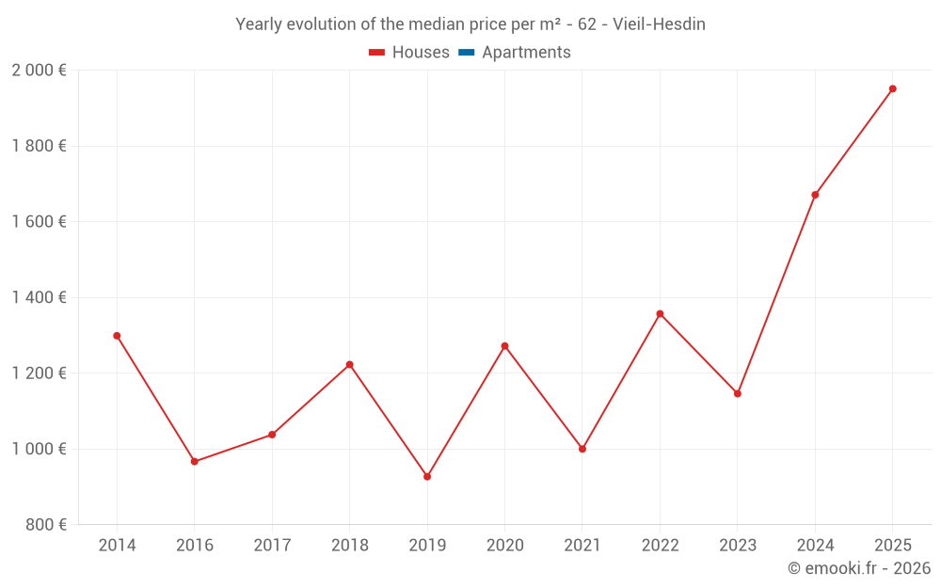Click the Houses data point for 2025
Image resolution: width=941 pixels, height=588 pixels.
coord(893,89)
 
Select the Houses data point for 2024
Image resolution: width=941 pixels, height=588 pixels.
coord(815,195)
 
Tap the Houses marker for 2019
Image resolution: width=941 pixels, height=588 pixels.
coord(427,477)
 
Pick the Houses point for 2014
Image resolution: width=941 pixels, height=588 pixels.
coord(117,336)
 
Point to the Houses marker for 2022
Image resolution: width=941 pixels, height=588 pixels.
coord(660,313)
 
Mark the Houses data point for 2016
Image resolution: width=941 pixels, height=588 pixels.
coord(195,462)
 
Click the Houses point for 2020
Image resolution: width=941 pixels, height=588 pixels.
coord(504,346)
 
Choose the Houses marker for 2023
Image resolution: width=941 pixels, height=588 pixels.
coord(738,393)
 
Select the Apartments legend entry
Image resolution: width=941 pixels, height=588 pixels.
coord(525,53)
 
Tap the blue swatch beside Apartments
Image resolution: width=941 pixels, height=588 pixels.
coord(467,53)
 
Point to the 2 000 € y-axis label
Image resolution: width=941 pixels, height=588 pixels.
coord(39,71)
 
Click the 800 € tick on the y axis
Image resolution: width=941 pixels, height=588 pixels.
coord(44,525)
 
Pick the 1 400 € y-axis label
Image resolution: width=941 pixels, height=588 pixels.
coord(39,297)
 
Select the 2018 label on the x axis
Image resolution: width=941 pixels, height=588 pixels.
coord(349,546)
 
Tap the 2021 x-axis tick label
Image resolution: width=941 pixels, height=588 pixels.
coord(582,546)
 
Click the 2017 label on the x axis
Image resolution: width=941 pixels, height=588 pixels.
coord(272,546)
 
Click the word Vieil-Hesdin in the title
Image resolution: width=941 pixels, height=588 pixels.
coord(659,24)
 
